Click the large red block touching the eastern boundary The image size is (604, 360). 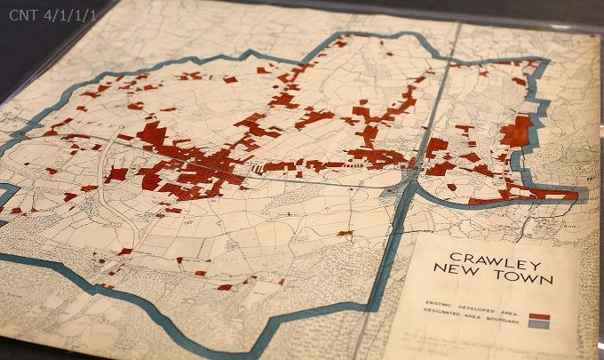click(x=516, y=132)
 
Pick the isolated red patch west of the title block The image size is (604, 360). click(x=345, y=234)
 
